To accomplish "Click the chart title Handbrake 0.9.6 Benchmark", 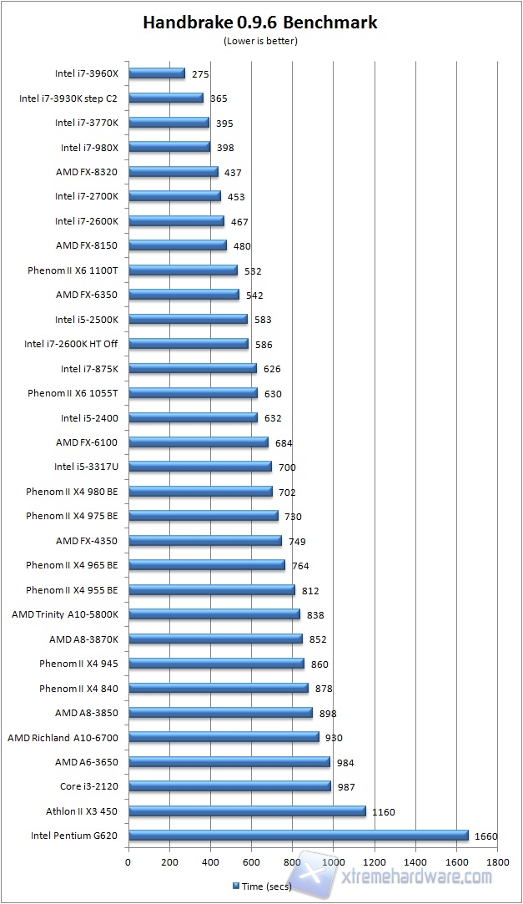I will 260,23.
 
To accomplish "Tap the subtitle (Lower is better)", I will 260,40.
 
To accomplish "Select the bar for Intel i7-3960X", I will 157,73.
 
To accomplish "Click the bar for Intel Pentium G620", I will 299,836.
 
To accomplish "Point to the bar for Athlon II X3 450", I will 247,811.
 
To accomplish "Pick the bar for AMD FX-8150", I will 178,245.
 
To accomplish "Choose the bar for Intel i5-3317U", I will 200,467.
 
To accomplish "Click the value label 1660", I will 486,836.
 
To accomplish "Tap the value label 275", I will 200,73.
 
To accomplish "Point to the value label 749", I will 297,541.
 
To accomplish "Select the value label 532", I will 253,270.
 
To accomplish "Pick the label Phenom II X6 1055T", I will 73,393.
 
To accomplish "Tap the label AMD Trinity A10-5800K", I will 65,614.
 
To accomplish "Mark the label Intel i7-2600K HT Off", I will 71,344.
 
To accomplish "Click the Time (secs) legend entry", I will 262,886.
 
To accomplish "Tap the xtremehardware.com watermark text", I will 414,876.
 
